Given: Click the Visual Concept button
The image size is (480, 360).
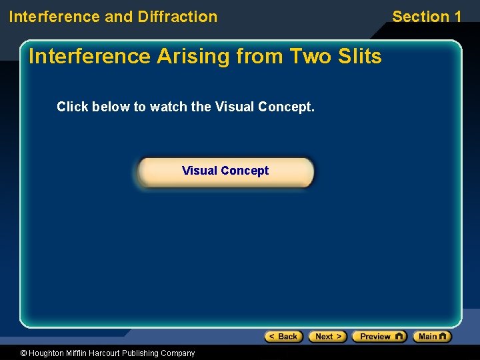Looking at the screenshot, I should pyautogui.click(x=225, y=171).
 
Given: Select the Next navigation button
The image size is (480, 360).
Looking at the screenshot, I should pyautogui.click(x=327, y=337).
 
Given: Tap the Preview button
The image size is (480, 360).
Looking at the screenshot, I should pyautogui.click(x=379, y=337).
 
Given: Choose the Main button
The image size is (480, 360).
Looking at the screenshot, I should pyautogui.click(x=431, y=337).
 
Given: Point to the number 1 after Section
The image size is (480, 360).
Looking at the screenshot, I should pyautogui.click(x=457, y=17).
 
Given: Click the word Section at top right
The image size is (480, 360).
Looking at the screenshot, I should pyautogui.click(x=421, y=17).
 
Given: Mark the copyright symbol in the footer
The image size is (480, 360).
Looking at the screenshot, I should pyautogui.click(x=24, y=353).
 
